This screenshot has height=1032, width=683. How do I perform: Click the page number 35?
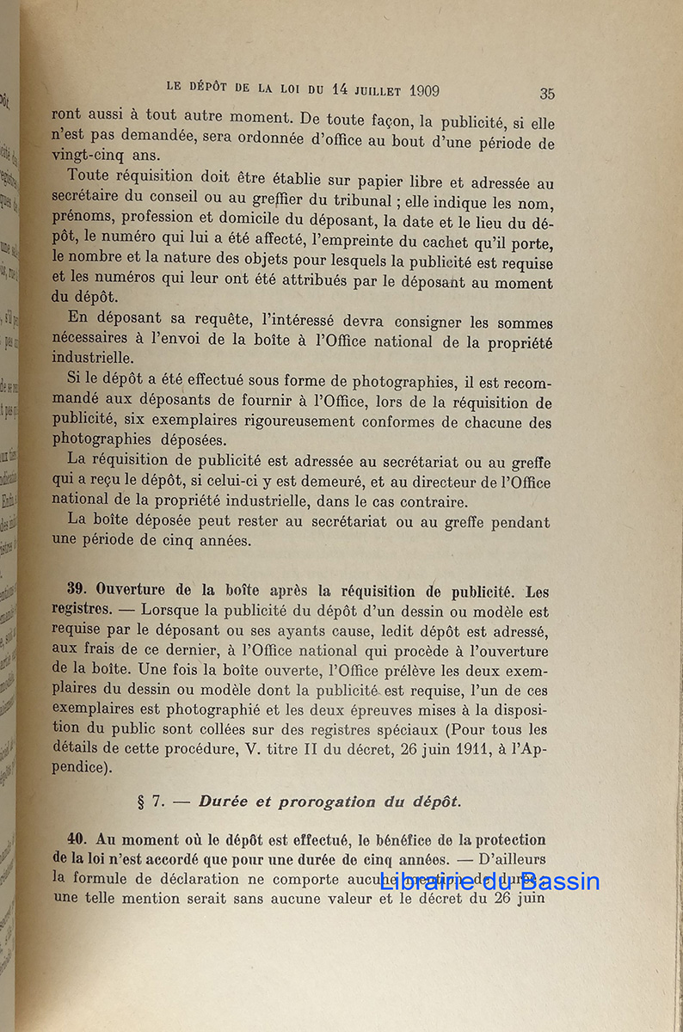point(547,94)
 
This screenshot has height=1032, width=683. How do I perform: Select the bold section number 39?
point(78,591)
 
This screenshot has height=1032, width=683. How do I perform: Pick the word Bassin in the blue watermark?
point(559,881)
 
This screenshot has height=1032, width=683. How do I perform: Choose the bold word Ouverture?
point(133,591)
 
